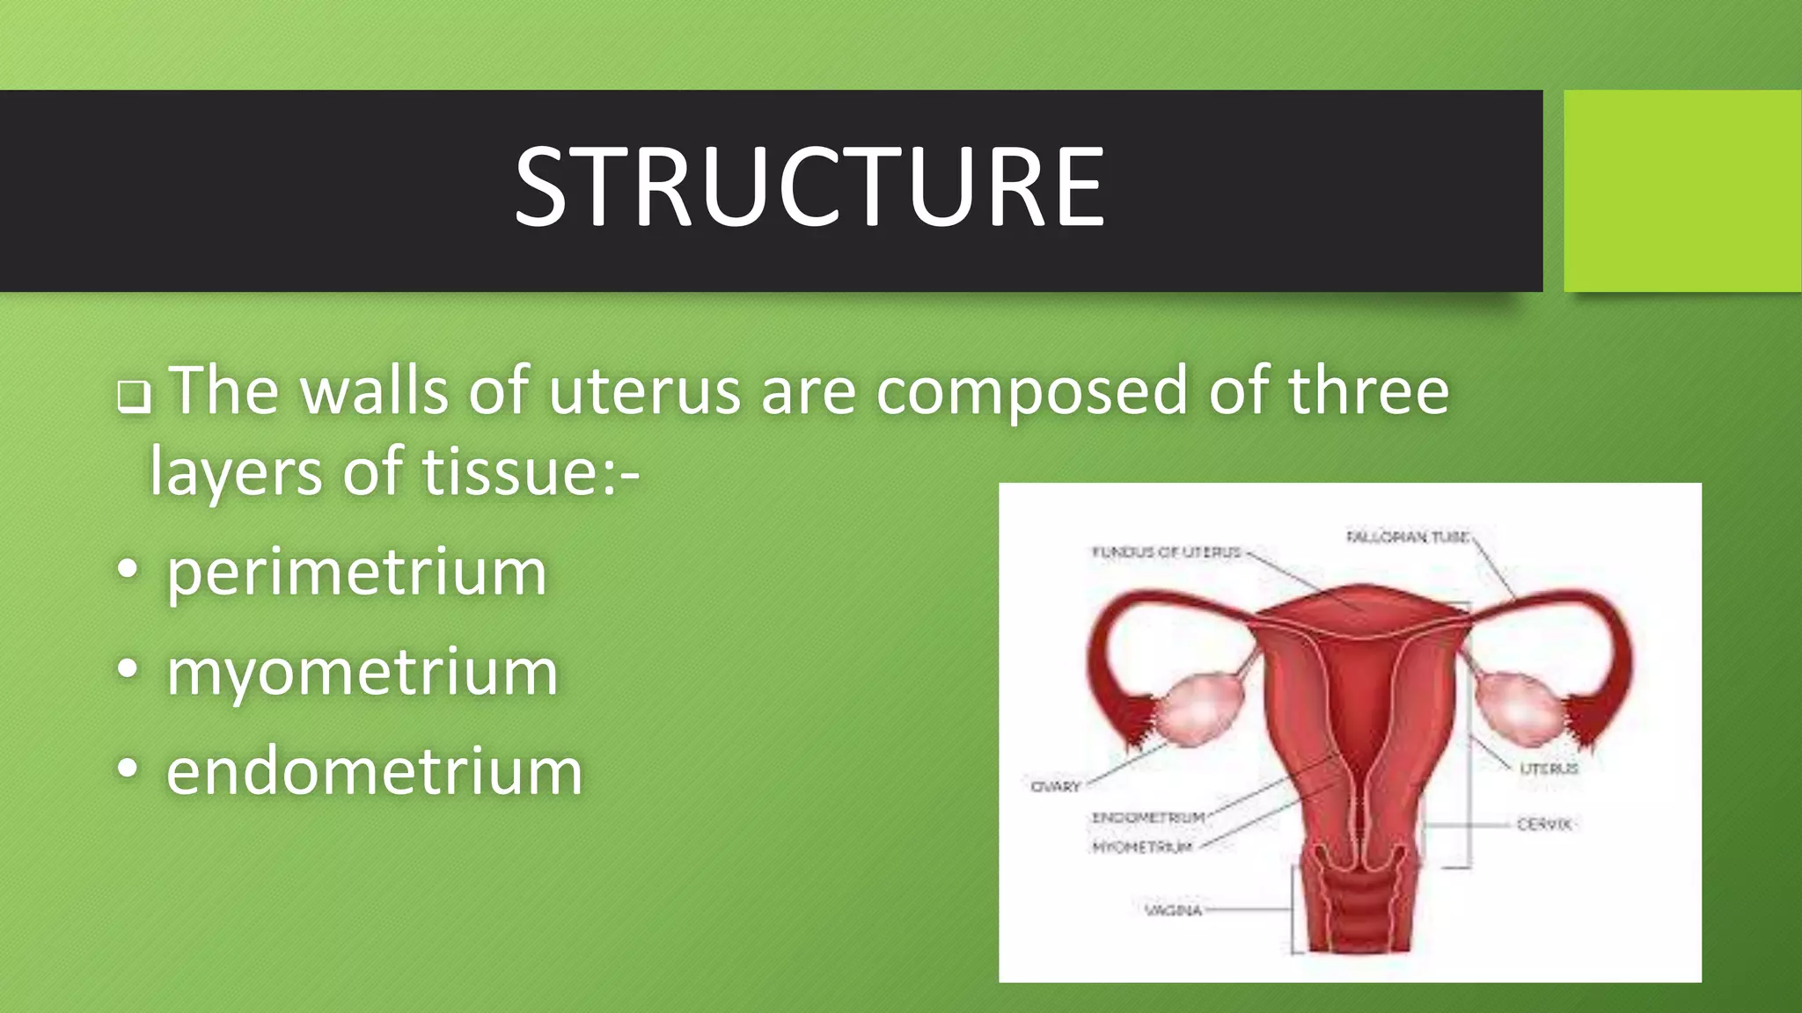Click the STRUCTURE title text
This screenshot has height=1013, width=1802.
click(x=809, y=187)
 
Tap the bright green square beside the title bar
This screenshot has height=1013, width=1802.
click(x=1681, y=191)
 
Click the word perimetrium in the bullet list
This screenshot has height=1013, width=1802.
click(x=356, y=573)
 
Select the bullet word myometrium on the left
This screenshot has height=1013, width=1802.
click(x=362, y=673)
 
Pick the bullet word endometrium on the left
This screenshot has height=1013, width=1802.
click(x=374, y=772)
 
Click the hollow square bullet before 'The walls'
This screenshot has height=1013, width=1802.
click(x=134, y=397)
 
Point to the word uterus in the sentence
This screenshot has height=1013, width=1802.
click(x=644, y=390)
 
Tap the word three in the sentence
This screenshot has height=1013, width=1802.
click(x=1368, y=390)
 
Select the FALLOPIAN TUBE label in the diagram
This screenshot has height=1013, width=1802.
click(x=1407, y=536)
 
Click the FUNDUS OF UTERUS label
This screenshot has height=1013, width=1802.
click(x=1166, y=552)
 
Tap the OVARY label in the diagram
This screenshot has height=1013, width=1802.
click(x=1055, y=786)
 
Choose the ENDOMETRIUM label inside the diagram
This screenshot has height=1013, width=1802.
click(x=1148, y=818)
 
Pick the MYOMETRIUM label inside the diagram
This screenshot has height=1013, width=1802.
click(x=1142, y=847)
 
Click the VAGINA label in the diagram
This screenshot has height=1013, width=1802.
click(x=1173, y=910)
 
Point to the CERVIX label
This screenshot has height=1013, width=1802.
click(x=1544, y=824)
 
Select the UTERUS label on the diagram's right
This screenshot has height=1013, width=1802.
click(x=1549, y=769)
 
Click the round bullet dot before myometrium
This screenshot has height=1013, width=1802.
click(x=128, y=669)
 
